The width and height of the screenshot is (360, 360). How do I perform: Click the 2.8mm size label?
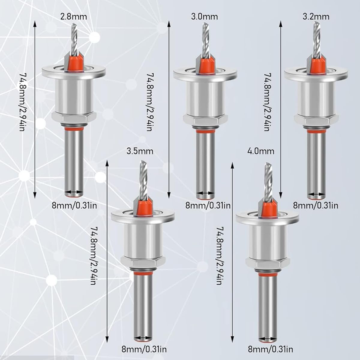pyautogui.click(x=73, y=17)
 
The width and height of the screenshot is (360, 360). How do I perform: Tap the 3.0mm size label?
pyautogui.click(x=204, y=17)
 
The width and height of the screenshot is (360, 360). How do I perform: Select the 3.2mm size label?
pyautogui.click(x=316, y=17)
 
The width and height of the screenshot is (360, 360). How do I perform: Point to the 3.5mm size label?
pyautogui.click(x=140, y=151)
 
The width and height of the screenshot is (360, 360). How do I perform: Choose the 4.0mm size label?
pyautogui.click(x=261, y=151)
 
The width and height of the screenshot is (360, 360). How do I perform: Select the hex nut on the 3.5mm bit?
pyautogui.click(x=143, y=261)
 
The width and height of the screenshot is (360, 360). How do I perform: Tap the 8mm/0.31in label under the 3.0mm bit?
pyautogui.click(x=208, y=206)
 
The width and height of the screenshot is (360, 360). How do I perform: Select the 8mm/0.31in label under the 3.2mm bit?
pyautogui.click(x=316, y=206)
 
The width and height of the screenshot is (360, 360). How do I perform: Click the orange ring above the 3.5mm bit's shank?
pyautogui.click(x=142, y=273)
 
